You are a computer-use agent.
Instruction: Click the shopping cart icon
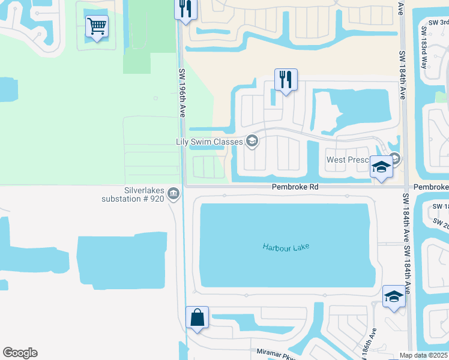point(97,26)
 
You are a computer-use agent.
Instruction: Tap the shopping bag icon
point(197,317)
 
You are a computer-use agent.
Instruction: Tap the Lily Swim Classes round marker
point(252,142)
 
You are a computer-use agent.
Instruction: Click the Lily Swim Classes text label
point(209,142)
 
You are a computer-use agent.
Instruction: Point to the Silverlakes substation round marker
point(173,193)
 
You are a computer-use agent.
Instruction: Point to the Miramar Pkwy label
point(277,354)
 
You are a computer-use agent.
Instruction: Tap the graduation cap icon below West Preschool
point(381,168)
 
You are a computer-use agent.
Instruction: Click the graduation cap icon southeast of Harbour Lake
point(394,296)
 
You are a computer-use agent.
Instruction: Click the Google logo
point(20,353)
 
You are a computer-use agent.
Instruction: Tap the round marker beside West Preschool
point(394,158)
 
